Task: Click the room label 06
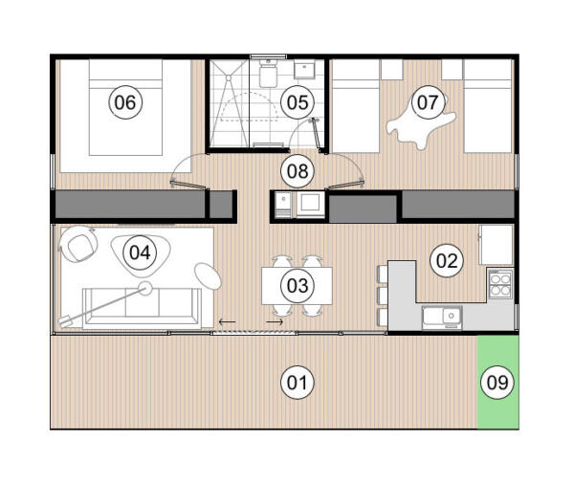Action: tap(125, 102)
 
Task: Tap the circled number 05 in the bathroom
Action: tap(298, 102)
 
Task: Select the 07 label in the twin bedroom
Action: tap(428, 102)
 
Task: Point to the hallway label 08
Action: tap(298, 171)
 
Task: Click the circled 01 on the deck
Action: tap(298, 383)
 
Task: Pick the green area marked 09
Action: tap(497, 383)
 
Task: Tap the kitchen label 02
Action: tap(447, 261)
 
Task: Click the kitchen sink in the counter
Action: tap(442, 318)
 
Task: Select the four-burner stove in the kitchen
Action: tap(500, 285)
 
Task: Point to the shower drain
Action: tap(229, 78)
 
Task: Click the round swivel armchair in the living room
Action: tap(78, 244)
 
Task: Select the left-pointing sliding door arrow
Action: tap(228, 321)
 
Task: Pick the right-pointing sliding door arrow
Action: tap(275, 321)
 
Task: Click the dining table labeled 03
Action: tap(297, 286)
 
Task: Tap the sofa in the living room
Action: tap(142, 307)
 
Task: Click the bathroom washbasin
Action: tap(304, 71)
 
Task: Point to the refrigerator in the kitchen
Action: tap(497, 244)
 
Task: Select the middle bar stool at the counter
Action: tap(382, 296)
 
